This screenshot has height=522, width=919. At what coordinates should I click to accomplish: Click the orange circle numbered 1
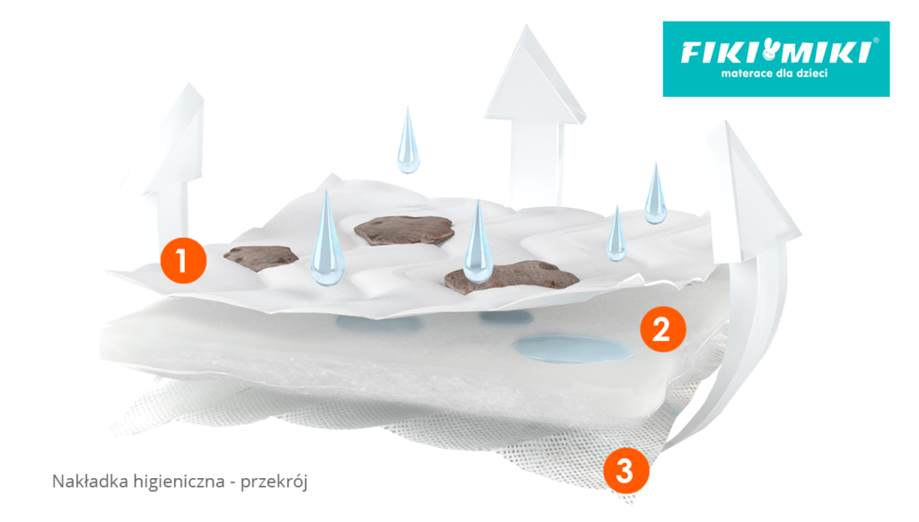(183, 261)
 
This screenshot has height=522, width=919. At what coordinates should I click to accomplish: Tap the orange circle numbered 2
(662, 329)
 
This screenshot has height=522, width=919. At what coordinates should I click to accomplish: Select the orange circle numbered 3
(626, 470)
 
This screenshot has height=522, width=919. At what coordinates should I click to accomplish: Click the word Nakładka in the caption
(83, 483)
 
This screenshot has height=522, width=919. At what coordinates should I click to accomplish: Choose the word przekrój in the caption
(276, 483)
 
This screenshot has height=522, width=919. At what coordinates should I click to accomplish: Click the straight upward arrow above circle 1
(171, 161)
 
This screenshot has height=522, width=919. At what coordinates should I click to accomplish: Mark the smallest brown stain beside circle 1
(260, 257)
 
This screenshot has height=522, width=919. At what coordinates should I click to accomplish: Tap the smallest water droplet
(617, 236)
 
